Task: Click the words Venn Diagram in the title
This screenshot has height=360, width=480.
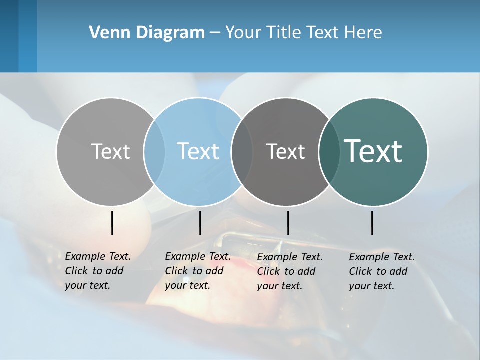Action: [147, 33]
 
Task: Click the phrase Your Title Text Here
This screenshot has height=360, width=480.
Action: [303, 33]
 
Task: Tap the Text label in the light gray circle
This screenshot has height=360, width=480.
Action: [110, 151]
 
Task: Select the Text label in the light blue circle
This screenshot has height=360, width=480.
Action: [198, 151]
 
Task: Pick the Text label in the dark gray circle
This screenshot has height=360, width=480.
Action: [285, 151]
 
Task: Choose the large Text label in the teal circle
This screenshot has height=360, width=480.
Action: [373, 151]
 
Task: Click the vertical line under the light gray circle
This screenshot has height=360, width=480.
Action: [112, 223]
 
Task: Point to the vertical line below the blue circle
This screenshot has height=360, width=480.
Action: [200, 223]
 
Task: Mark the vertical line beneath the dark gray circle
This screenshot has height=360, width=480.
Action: [288, 223]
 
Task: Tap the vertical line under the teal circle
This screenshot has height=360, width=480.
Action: [372, 223]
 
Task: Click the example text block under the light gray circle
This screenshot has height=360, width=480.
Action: [98, 271]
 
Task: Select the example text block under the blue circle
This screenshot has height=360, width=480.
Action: [198, 271]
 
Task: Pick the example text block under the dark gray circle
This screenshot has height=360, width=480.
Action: [290, 271]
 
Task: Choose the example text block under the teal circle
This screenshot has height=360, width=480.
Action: [382, 271]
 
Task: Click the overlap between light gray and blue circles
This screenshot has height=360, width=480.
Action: [154, 151]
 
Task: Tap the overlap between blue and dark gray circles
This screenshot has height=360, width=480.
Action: [242, 151]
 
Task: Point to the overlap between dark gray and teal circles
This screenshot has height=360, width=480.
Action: [329, 151]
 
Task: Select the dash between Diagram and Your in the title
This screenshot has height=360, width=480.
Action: [215, 33]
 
